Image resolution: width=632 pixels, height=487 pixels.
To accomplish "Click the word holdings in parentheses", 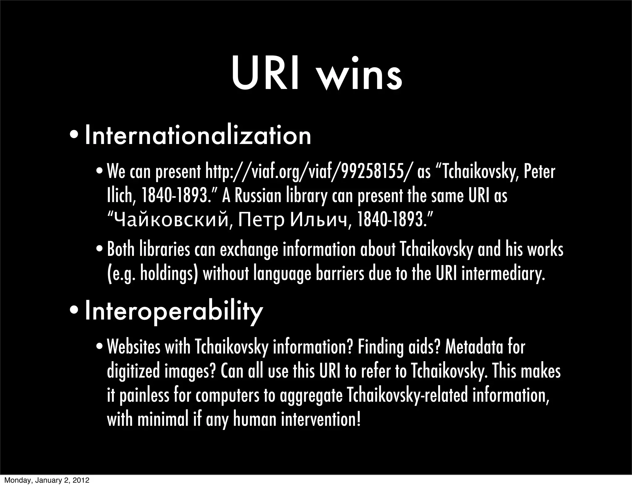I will pos(165,274).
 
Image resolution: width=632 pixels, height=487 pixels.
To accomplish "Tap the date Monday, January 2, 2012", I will pos(47,481).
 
